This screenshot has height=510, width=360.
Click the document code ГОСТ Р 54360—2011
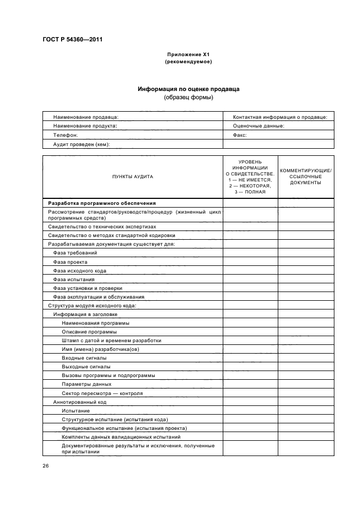pyautogui.click(x=72, y=40)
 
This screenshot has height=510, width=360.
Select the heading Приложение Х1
pyautogui.click(x=188, y=55)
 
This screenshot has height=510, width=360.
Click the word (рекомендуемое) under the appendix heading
pyautogui.click(x=188, y=62)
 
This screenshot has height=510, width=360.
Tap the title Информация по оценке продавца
pyautogui.click(x=188, y=89)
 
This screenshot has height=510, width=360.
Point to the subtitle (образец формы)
pyautogui.click(x=188, y=98)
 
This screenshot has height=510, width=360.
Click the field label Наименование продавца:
pyautogui.click(x=85, y=117)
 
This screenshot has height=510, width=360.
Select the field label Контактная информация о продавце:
pyautogui.click(x=279, y=117)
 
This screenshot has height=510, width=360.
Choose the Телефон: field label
pyautogui.click(x=65, y=135)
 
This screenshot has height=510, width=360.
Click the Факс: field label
pyautogui.click(x=240, y=135)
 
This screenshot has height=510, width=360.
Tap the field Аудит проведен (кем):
pyautogui.click(x=81, y=144)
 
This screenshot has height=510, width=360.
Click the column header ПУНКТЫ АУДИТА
pyautogui.click(x=132, y=177)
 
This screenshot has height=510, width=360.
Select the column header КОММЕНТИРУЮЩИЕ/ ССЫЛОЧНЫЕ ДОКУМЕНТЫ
pyautogui.click(x=306, y=177)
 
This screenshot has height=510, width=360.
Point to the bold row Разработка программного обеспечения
pyautogui.click(x=102, y=203)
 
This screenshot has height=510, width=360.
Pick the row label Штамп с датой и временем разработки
pyautogui.click(x=111, y=341)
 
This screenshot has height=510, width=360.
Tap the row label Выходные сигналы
pyautogui.click(x=86, y=367)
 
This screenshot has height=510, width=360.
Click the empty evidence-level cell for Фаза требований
pyautogui.click(x=250, y=253)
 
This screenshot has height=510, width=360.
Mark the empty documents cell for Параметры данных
pyautogui.click(x=306, y=384)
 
